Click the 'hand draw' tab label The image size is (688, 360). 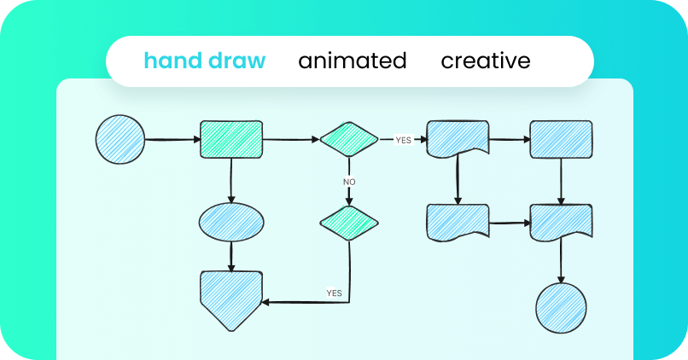coord(205,61)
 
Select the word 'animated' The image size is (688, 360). coord(353,61)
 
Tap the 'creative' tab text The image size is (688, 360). coord(486,61)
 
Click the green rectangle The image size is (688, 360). coord(231,139)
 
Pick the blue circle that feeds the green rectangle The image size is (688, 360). coord(120,139)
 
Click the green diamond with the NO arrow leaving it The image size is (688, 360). coord(349,139)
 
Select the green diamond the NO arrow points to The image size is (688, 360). coord(349,224)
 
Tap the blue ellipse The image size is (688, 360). coord(231,223)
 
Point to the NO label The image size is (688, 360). coord(349,182)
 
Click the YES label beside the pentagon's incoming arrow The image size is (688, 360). coord(334,293)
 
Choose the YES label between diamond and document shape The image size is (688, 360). coord(403,140)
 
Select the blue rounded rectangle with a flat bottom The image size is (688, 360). coord(561,139)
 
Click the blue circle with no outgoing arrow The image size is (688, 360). coord(561,308)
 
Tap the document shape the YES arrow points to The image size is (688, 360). coord(458,138)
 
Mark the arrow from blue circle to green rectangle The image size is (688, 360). coord(172,139)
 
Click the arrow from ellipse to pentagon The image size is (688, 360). coord(231,257)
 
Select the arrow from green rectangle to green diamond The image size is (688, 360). coord(291,139)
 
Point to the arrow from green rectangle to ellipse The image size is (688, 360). coord(231,180)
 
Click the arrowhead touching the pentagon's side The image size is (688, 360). coord(265,302)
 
